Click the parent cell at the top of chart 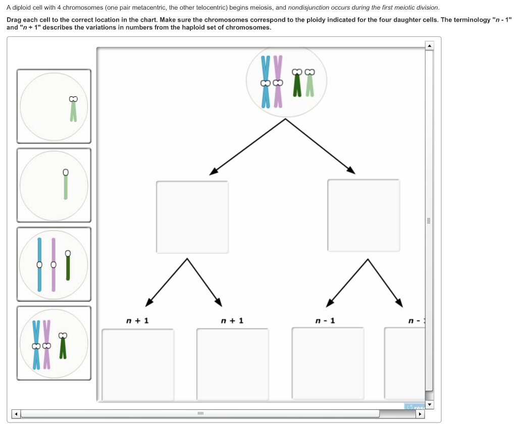(x=286, y=81)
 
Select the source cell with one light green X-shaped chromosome (x=54, y=107)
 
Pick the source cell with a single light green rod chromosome (x=54, y=185)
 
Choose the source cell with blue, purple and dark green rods (x=54, y=264)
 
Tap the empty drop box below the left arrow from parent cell (x=192, y=217)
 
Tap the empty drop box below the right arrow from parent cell (x=364, y=216)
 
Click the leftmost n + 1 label (x=137, y=321)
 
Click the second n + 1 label (x=232, y=321)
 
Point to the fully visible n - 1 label (x=325, y=321)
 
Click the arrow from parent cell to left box (x=247, y=147)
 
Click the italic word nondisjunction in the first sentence (x=309, y=8)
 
